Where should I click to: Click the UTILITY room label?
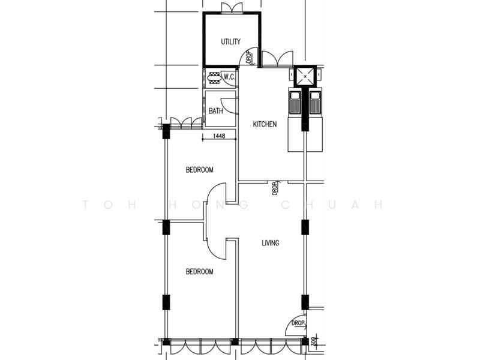pos(231,41)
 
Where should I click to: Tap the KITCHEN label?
pos(265,124)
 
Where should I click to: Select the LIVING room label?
pos(271,243)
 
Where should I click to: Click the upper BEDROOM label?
pos(200,170)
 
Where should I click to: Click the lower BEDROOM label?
pos(200,272)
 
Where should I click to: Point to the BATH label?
pos(216,111)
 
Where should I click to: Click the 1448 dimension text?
pos(219,136)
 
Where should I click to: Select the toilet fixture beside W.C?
pos(214,78)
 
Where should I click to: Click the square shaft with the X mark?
pos(305,76)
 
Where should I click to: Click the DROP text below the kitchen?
pos(275,188)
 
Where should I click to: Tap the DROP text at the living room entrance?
pos(298,323)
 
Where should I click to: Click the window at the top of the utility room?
pos(232,8)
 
